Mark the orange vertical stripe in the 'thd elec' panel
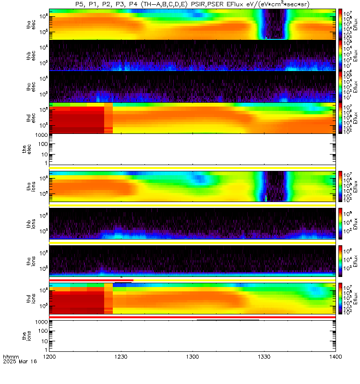coord(108,118)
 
